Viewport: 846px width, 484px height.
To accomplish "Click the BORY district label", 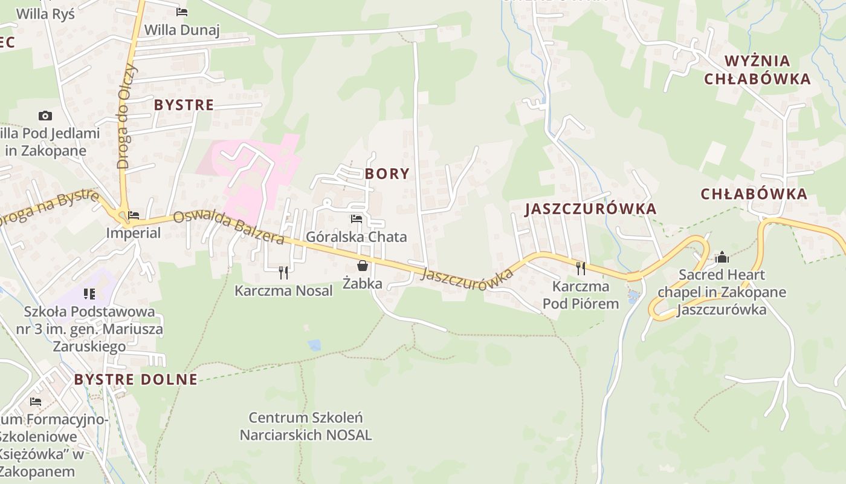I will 387,174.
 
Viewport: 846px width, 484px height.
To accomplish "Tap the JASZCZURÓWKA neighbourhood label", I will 590,209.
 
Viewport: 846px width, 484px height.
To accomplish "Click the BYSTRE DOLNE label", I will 135,380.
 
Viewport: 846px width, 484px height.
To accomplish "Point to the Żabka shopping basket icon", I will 362,266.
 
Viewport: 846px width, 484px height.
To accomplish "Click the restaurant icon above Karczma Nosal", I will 283,273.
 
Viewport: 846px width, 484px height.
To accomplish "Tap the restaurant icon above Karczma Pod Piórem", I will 581,268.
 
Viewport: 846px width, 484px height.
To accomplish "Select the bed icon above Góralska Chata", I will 357,219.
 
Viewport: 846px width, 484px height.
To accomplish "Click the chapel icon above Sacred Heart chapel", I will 722,258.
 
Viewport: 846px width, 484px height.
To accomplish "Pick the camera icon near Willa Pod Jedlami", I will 45,116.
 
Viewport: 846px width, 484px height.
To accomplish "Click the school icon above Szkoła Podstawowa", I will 89,294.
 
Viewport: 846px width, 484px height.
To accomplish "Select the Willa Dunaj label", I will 181,30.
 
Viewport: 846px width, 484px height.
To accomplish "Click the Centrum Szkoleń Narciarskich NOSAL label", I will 306,426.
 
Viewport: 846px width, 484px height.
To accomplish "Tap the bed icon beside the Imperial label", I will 134,215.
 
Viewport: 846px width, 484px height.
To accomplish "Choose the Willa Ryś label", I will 45,13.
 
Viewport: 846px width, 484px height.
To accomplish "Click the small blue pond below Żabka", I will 314,345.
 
